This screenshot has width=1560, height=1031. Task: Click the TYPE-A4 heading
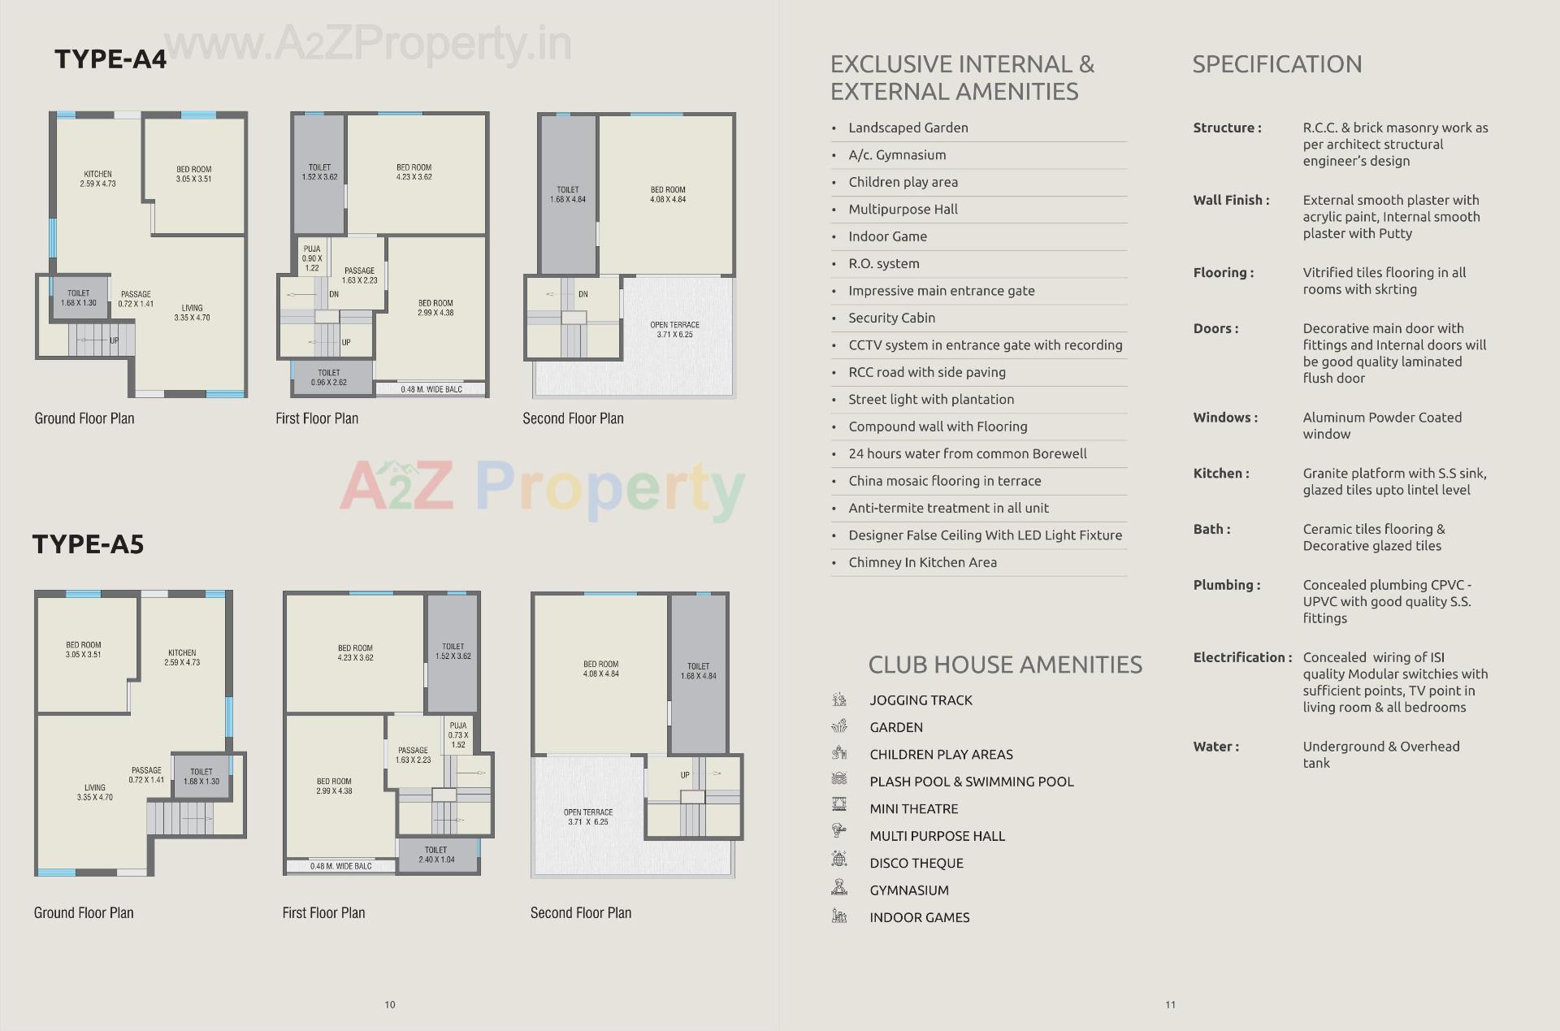pyautogui.click(x=110, y=59)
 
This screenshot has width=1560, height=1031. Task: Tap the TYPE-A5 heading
pyautogui.click(x=88, y=544)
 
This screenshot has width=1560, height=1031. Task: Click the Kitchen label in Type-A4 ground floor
pyautogui.click(x=97, y=179)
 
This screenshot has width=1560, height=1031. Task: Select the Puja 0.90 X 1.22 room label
pyautogui.click(x=312, y=258)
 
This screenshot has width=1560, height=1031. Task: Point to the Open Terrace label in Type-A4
pyautogui.click(x=674, y=329)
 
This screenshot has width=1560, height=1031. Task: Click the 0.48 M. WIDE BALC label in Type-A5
pyautogui.click(x=341, y=866)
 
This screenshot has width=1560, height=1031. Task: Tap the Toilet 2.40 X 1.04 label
pyautogui.click(x=436, y=855)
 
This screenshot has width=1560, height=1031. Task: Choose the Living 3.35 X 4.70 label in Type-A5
pyautogui.click(x=95, y=792)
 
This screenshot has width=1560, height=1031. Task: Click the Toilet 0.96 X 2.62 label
pyautogui.click(x=329, y=377)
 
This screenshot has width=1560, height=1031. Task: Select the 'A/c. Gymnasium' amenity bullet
pyautogui.click(x=897, y=155)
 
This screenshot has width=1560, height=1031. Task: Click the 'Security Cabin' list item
pyautogui.click(x=891, y=318)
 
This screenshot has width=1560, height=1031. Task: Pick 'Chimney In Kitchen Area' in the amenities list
pyautogui.click(x=922, y=562)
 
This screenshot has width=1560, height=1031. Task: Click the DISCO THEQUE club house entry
pyautogui.click(x=916, y=863)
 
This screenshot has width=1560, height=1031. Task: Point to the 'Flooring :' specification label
pyautogui.click(x=1223, y=273)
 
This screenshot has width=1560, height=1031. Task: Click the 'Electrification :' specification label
pyautogui.click(x=1241, y=657)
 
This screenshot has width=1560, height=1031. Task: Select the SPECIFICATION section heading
pyautogui.click(x=1276, y=64)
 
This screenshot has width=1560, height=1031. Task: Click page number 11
pyautogui.click(x=1170, y=1005)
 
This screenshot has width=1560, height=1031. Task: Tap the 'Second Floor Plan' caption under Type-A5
pyautogui.click(x=580, y=913)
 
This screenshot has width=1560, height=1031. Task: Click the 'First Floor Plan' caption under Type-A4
pyautogui.click(x=317, y=418)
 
